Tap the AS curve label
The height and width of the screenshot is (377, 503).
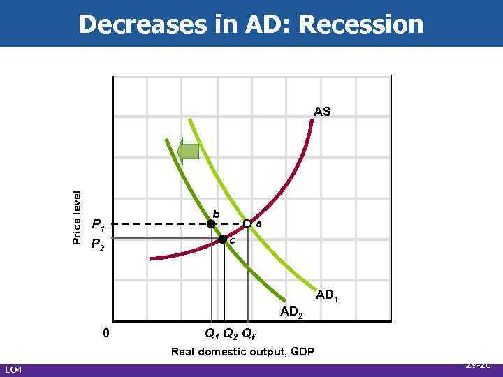tap(322, 111)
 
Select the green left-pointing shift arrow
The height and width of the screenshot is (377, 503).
tap(189, 151)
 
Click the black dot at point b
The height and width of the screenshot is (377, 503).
tap(210, 224)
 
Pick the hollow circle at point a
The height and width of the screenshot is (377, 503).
tap(247, 223)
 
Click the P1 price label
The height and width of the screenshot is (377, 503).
tap(99, 226)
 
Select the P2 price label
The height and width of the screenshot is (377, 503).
tap(99, 244)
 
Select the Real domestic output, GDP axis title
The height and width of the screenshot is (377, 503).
tap(242, 351)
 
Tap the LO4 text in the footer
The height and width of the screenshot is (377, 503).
tap(14, 369)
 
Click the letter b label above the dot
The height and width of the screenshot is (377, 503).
tap(216, 213)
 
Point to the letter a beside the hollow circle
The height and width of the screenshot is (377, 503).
tap(259, 223)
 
